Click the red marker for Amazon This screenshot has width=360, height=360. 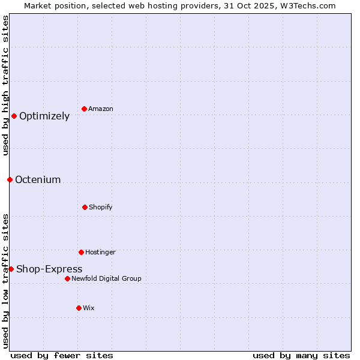pyautogui.click(x=85, y=109)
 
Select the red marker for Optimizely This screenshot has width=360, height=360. pyautogui.click(x=14, y=116)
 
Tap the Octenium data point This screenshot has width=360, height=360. pyautogui.click(x=10, y=179)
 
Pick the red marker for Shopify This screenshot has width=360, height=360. pyautogui.click(x=85, y=207)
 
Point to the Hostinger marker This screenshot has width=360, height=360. pyautogui.click(x=81, y=252)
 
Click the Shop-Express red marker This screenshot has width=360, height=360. pyautogui.click(x=11, y=269)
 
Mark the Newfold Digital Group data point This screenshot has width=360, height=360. pyautogui.click(x=67, y=278)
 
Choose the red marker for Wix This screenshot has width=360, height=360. pyautogui.click(x=79, y=308)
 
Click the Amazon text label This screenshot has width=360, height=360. pyautogui.click(x=101, y=109)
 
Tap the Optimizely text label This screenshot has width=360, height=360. pyautogui.click(x=44, y=116)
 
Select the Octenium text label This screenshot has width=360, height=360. pyautogui.click(x=38, y=180)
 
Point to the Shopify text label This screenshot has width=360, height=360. pyautogui.click(x=101, y=207)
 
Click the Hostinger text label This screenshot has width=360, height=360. pyautogui.click(x=100, y=252)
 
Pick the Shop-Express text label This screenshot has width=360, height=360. pyautogui.click(x=49, y=269)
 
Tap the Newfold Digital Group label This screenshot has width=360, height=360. pyautogui.click(x=107, y=278)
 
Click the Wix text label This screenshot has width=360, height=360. pyautogui.click(x=89, y=308)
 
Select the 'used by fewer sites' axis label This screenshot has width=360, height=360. pyautogui.click(x=62, y=356)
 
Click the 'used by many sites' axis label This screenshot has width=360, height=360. pyautogui.click(x=301, y=356)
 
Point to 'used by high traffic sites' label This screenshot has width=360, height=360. pyautogui.click(x=5, y=85)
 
